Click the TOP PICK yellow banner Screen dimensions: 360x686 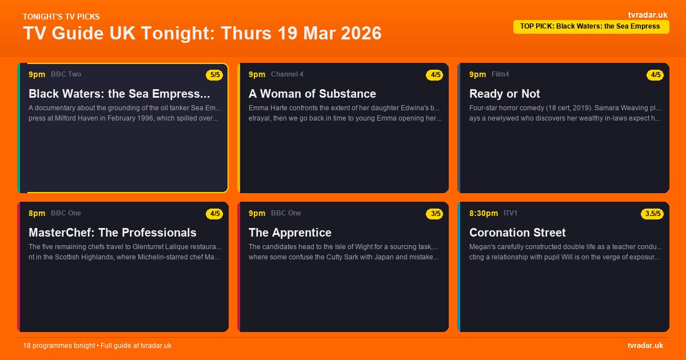591,26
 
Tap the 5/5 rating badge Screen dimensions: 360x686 214,75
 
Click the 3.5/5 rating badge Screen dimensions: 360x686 652,214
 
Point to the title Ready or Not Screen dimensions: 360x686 504,94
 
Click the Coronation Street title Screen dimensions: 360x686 517,233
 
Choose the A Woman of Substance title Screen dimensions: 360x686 312,94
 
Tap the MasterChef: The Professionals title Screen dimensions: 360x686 112,233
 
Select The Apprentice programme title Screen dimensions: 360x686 290,233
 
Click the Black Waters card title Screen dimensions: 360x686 119,94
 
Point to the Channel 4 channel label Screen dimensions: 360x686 287,74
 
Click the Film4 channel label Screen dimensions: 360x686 500,74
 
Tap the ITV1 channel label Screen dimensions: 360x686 510,213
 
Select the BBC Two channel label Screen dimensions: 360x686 66,74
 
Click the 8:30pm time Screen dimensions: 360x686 484,213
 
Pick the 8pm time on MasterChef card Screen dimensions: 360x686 37,213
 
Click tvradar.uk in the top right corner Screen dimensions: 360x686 647,15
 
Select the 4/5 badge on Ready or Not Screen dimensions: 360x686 655,75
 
